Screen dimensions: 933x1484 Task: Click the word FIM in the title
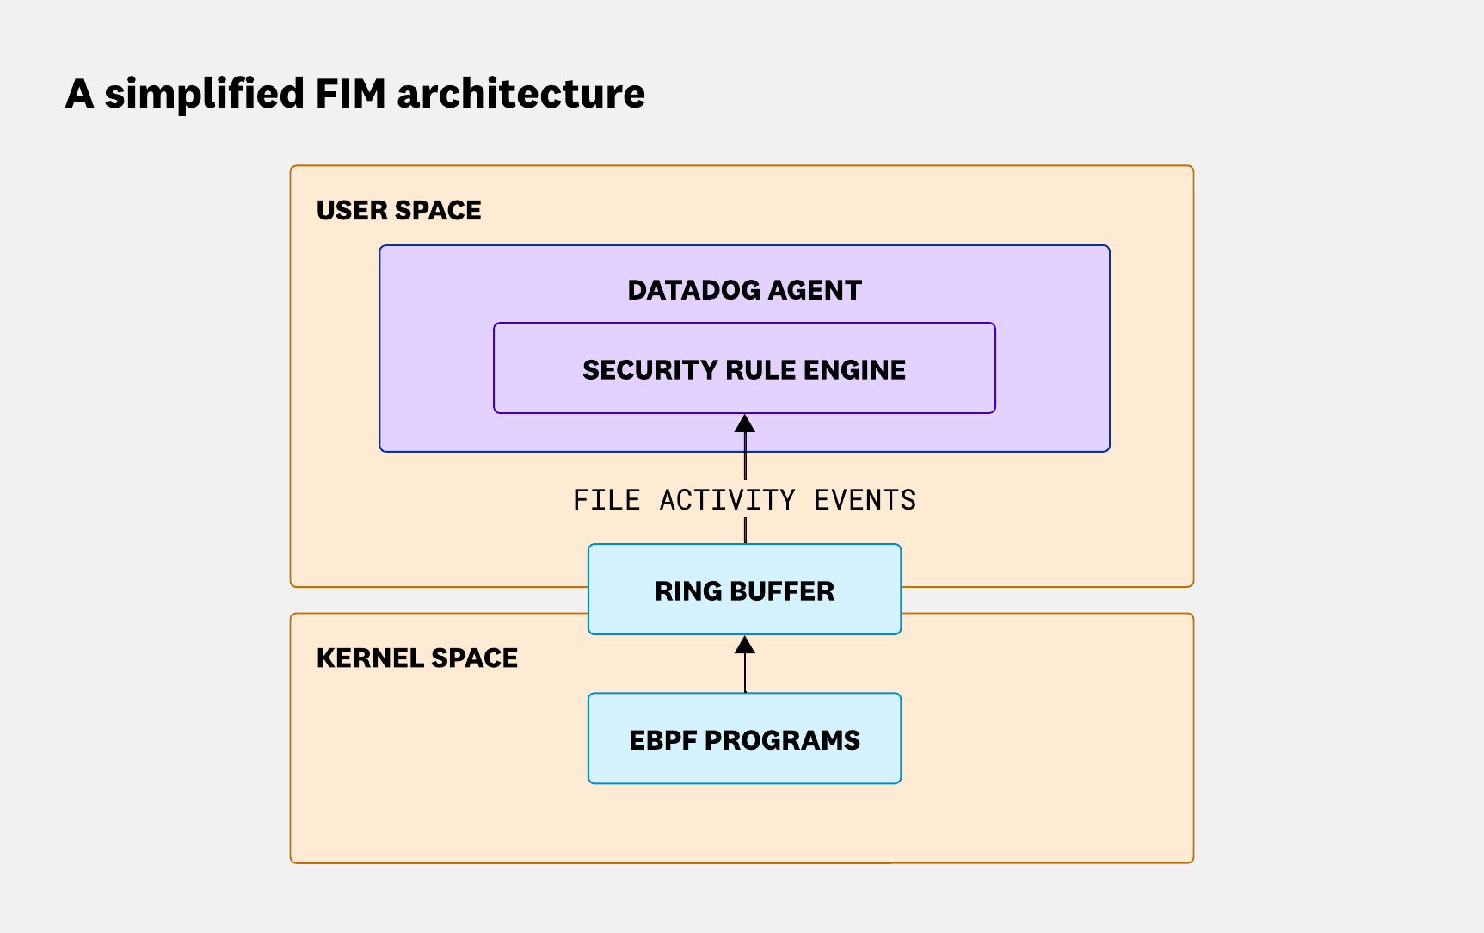click(x=350, y=93)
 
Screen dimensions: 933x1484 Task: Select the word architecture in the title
click(x=520, y=93)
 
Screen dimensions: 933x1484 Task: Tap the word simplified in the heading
click(x=204, y=93)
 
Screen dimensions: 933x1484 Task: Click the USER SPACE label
click(x=398, y=210)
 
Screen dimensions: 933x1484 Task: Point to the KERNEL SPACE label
click(x=416, y=658)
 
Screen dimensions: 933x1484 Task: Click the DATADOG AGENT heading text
click(x=744, y=290)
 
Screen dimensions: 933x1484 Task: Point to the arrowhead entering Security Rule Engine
click(x=745, y=423)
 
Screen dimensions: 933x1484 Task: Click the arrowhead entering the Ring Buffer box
click(x=745, y=645)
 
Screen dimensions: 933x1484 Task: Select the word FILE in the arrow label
click(x=607, y=500)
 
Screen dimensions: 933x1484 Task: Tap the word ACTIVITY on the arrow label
click(x=727, y=500)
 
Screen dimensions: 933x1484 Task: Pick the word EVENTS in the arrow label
click(x=865, y=500)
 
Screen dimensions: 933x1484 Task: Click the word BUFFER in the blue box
click(x=781, y=591)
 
